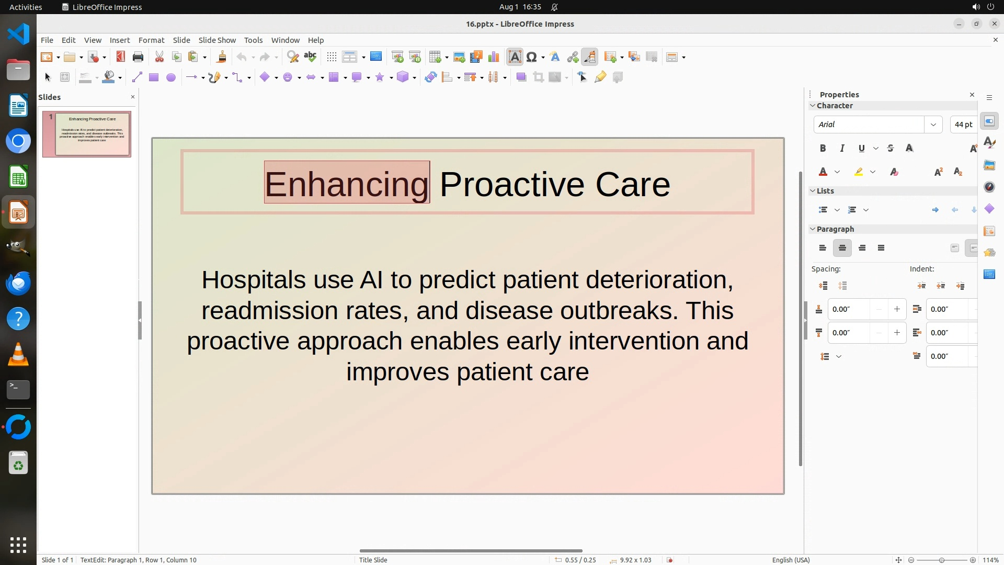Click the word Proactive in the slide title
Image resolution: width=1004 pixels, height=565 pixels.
[x=511, y=184]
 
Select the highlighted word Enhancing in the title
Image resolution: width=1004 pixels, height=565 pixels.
[x=347, y=184]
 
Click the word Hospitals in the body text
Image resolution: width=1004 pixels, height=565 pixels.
[x=254, y=280]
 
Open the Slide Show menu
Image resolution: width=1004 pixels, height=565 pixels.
[x=217, y=40]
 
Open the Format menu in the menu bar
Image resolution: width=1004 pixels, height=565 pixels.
[x=151, y=40]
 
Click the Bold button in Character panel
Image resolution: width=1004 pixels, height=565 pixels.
[x=823, y=149]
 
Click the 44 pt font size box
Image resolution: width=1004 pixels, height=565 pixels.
[x=963, y=125]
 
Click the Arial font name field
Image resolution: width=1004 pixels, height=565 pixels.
[x=869, y=125]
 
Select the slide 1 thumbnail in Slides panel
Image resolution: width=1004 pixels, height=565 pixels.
[x=87, y=134]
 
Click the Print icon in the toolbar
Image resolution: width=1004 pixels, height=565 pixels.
[x=138, y=57]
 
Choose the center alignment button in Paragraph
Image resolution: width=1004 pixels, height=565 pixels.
[x=842, y=248]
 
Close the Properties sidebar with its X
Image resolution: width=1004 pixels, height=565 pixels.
[x=972, y=95]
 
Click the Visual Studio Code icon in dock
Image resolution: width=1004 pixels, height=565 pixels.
[x=18, y=34]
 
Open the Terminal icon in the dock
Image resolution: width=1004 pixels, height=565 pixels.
[x=18, y=390]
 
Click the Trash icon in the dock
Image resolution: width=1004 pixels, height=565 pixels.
[x=18, y=463]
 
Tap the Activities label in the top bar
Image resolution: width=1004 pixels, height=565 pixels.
[x=26, y=7]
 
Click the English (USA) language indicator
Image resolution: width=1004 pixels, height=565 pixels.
[x=791, y=560]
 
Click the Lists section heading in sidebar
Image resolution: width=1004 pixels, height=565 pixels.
[x=825, y=191]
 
